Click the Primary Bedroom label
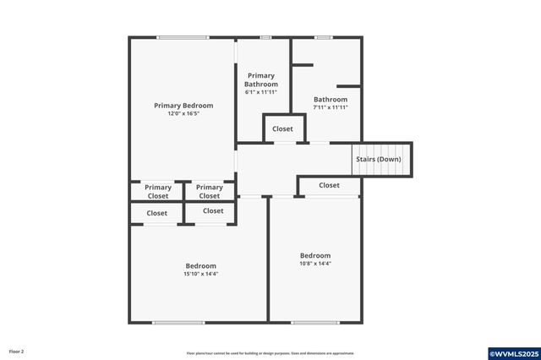(x=183, y=106)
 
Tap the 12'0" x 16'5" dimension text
(x=183, y=113)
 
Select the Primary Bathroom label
(x=261, y=80)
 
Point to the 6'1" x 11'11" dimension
(x=261, y=92)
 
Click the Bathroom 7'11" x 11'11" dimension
(x=331, y=107)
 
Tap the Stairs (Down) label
(x=377, y=159)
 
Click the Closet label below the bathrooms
(x=282, y=129)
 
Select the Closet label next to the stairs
(x=329, y=185)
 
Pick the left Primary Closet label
(x=158, y=192)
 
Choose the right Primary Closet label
(x=210, y=192)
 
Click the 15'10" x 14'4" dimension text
(x=200, y=274)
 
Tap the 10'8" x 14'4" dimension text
(x=315, y=264)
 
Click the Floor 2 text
(x=17, y=351)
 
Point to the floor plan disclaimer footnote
(x=270, y=353)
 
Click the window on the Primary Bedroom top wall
(x=183, y=37)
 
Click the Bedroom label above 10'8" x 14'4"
(x=315, y=255)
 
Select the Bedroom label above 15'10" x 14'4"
(x=200, y=265)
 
